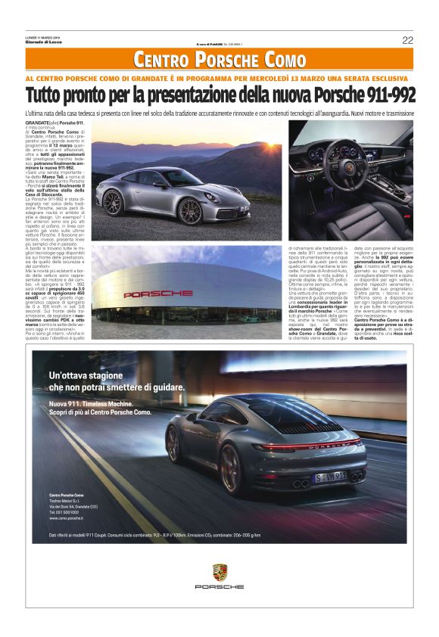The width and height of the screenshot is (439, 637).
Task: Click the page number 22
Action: (x=407, y=40)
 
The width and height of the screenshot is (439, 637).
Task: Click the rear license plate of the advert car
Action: (x=331, y=476)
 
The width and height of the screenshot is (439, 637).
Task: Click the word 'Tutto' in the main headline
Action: (x=45, y=96)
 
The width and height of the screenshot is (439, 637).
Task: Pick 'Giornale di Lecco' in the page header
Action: (x=42, y=43)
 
